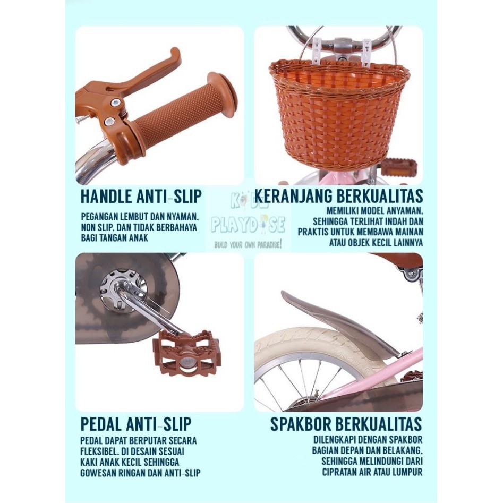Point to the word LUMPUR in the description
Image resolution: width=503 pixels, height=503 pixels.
406,472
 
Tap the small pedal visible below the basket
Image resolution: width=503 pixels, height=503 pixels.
398,168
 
